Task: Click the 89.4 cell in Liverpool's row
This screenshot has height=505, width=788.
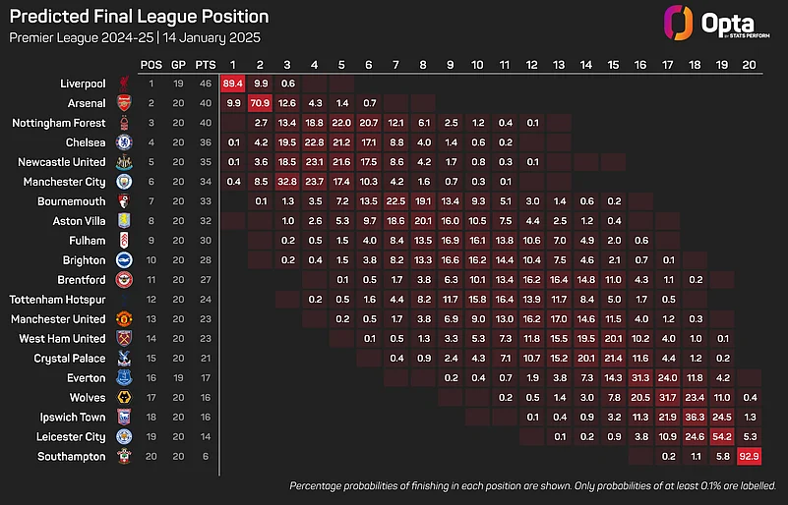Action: (233, 84)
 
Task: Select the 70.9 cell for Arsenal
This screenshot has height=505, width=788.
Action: (260, 103)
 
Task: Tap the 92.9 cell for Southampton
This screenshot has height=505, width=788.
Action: (749, 456)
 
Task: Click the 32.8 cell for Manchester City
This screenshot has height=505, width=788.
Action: (287, 182)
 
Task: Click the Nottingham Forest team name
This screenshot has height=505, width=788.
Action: (59, 123)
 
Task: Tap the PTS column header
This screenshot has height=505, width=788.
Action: (205, 64)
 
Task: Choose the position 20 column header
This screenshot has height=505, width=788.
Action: (749, 64)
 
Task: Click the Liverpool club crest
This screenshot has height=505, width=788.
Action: (124, 84)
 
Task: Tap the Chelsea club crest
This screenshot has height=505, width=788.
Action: (124, 142)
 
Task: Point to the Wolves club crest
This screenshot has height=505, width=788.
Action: (124, 398)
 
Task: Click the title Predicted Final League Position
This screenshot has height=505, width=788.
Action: (139, 17)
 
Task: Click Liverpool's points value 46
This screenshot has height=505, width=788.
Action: (205, 84)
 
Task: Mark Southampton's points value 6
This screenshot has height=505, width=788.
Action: (205, 456)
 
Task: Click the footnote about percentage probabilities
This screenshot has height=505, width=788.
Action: (533, 486)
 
